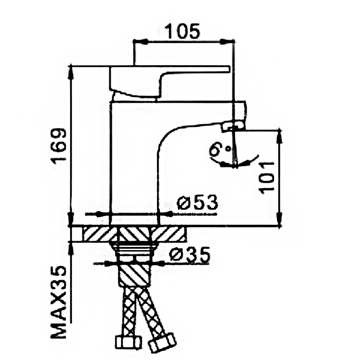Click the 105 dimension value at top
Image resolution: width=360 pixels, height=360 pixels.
pyautogui.click(x=183, y=31)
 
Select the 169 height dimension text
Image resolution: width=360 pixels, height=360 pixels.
pyautogui.click(x=59, y=146)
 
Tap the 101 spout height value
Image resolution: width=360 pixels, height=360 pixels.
pyautogui.click(x=266, y=178)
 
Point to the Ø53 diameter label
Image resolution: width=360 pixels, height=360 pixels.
pyautogui.click(x=197, y=202)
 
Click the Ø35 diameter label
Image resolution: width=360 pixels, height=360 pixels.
pyautogui.click(x=189, y=255)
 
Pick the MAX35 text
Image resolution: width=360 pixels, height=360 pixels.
pyautogui.click(x=58, y=302)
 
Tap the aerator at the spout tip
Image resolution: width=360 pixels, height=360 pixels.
pyautogui.click(x=232, y=127)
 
